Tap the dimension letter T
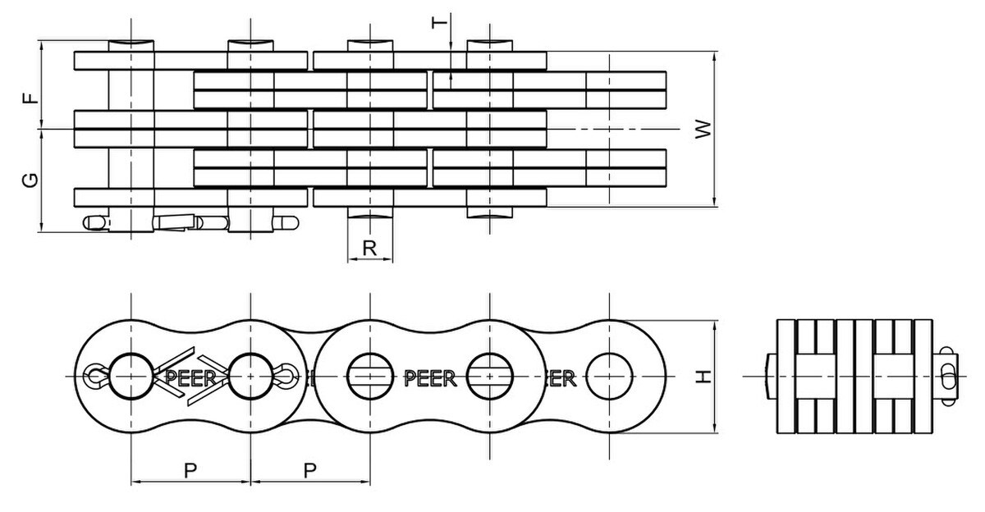coord(441,22)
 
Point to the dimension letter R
coord(369,247)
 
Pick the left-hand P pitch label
coord(190,470)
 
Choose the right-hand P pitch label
coord(310,470)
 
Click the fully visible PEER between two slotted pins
coord(429,377)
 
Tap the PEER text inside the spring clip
coord(190,377)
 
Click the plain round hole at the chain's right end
coord(608,376)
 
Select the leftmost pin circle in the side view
coord(131,376)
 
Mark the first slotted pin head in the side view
coord(370,376)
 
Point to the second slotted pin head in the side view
coord(489,376)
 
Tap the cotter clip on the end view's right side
coord(948,376)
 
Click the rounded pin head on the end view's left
coord(769,376)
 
